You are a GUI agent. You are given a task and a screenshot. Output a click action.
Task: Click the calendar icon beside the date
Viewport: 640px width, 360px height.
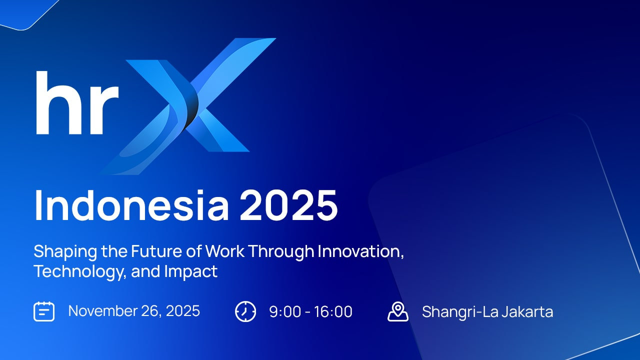(x=44, y=311)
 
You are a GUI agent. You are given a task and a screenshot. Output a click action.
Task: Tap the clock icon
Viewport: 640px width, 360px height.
(x=245, y=311)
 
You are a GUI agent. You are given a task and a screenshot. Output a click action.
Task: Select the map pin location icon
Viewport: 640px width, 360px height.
(x=398, y=311)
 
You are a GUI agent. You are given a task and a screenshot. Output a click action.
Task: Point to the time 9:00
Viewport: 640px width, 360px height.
(x=285, y=312)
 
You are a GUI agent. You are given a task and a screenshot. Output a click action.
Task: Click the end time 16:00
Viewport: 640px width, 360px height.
(x=333, y=312)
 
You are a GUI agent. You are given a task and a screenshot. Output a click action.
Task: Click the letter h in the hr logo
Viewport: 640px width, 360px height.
(x=56, y=104)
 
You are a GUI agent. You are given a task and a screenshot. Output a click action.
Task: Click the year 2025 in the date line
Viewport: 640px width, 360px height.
(x=182, y=311)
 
